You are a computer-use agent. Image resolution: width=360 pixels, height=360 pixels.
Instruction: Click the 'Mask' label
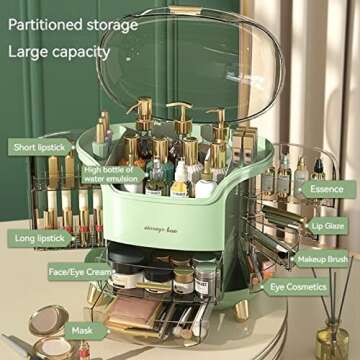[x=81, y=328]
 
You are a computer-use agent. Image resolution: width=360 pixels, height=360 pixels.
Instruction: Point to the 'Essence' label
[x=325, y=188]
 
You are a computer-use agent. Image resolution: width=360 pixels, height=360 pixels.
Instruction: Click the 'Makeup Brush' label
[x=322, y=259]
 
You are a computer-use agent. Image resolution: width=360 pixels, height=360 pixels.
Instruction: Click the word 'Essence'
[x=325, y=188]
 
